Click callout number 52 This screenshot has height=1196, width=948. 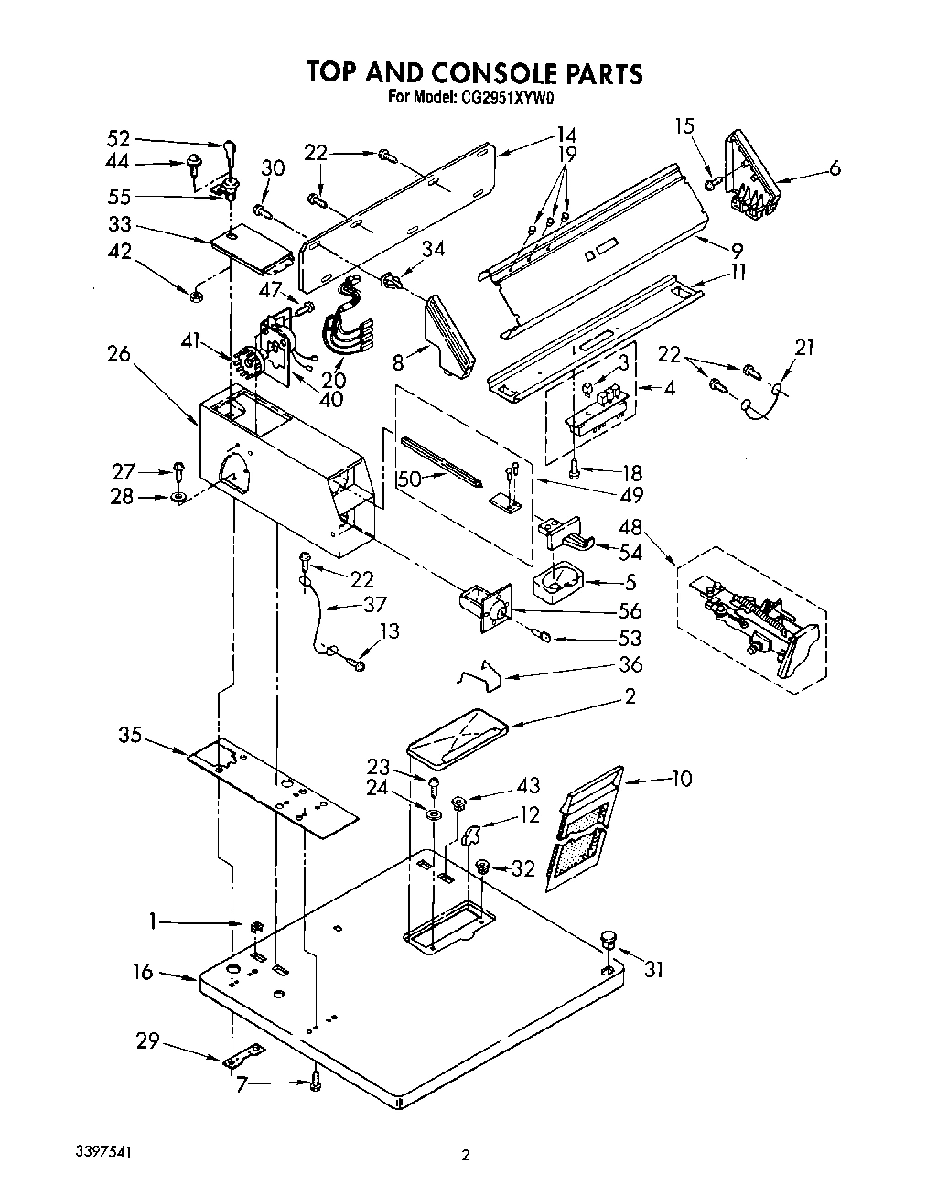[x=119, y=138]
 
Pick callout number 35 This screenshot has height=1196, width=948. [x=131, y=734]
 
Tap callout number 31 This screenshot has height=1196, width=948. [x=652, y=971]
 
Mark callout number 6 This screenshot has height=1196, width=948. [x=835, y=167]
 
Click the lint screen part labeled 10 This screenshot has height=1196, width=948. [x=584, y=828]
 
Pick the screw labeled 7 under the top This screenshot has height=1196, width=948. [x=316, y=1082]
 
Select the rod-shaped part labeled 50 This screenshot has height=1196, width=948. [x=442, y=462]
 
